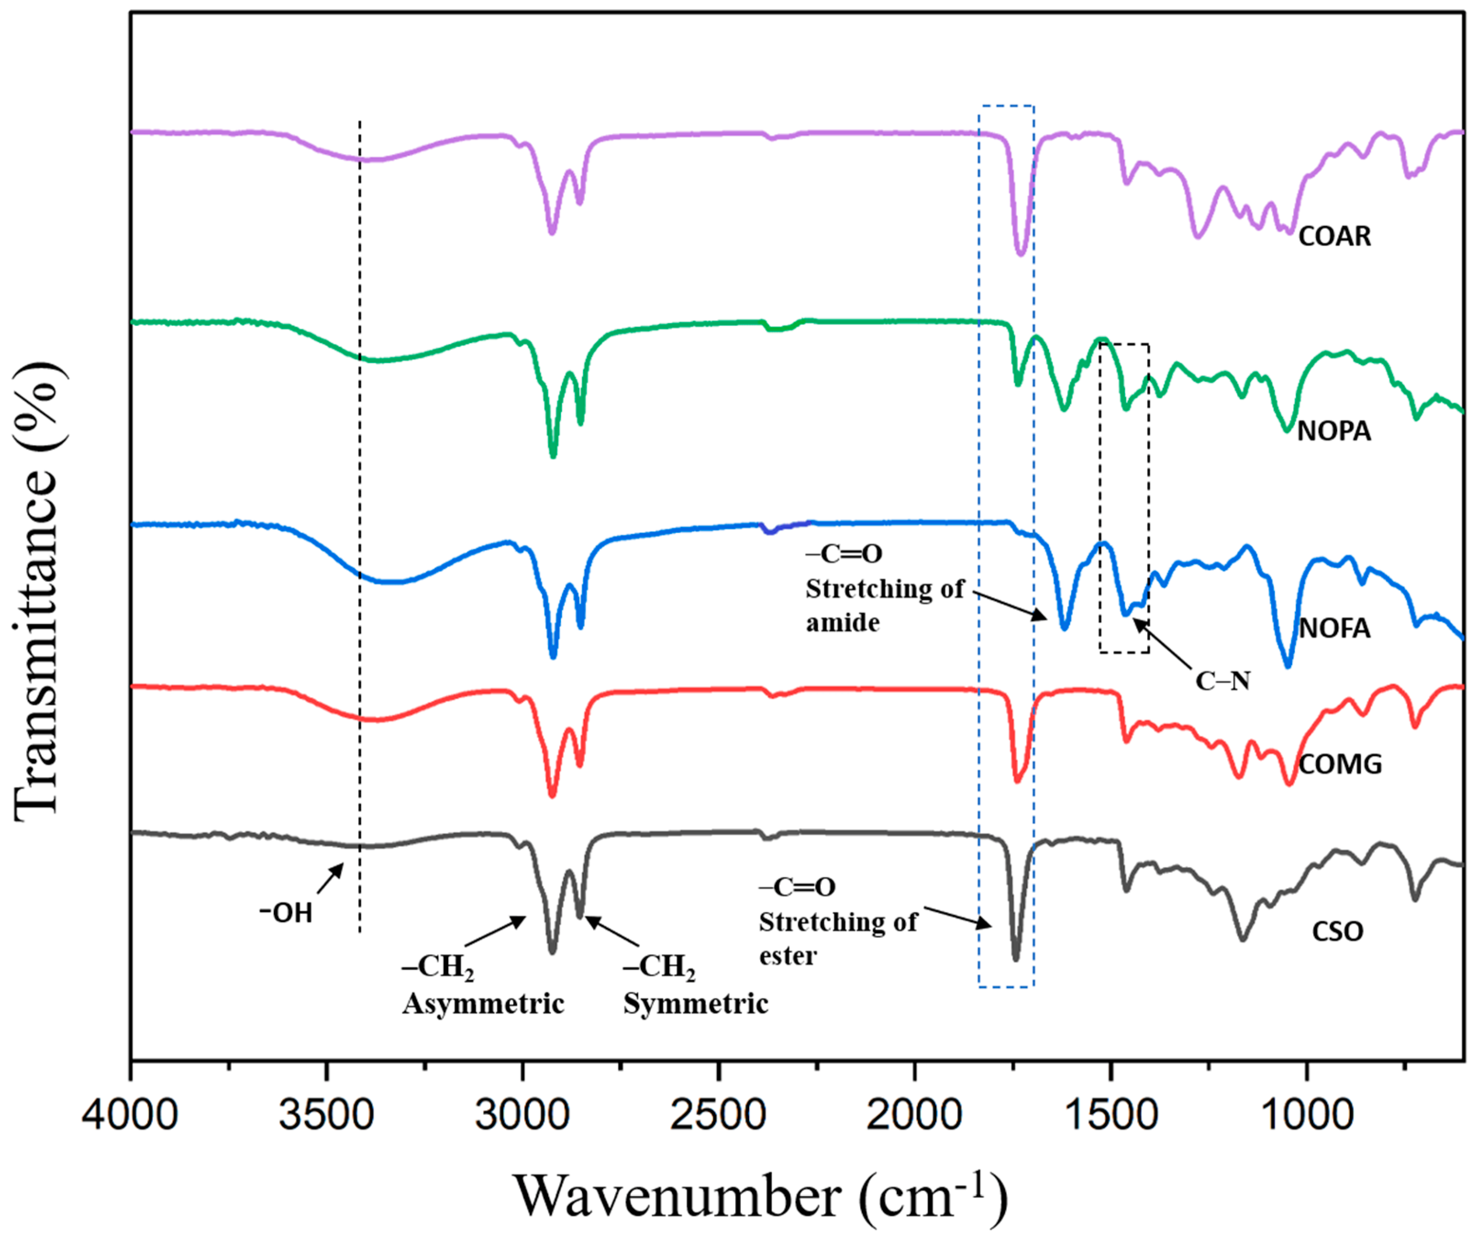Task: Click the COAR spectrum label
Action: tap(1334, 236)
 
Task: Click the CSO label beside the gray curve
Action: tap(1337, 931)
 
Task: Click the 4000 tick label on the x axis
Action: tap(130, 1116)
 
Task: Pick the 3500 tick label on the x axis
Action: tap(326, 1116)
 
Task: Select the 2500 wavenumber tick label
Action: tap(718, 1116)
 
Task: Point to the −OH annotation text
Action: tap(286, 913)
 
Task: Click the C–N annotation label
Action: tap(1222, 681)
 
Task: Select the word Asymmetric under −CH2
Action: tap(483, 1003)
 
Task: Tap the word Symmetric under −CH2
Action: tap(695, 1003)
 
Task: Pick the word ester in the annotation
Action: tap(787, 956)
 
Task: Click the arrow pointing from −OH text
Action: tap(330, 878)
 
